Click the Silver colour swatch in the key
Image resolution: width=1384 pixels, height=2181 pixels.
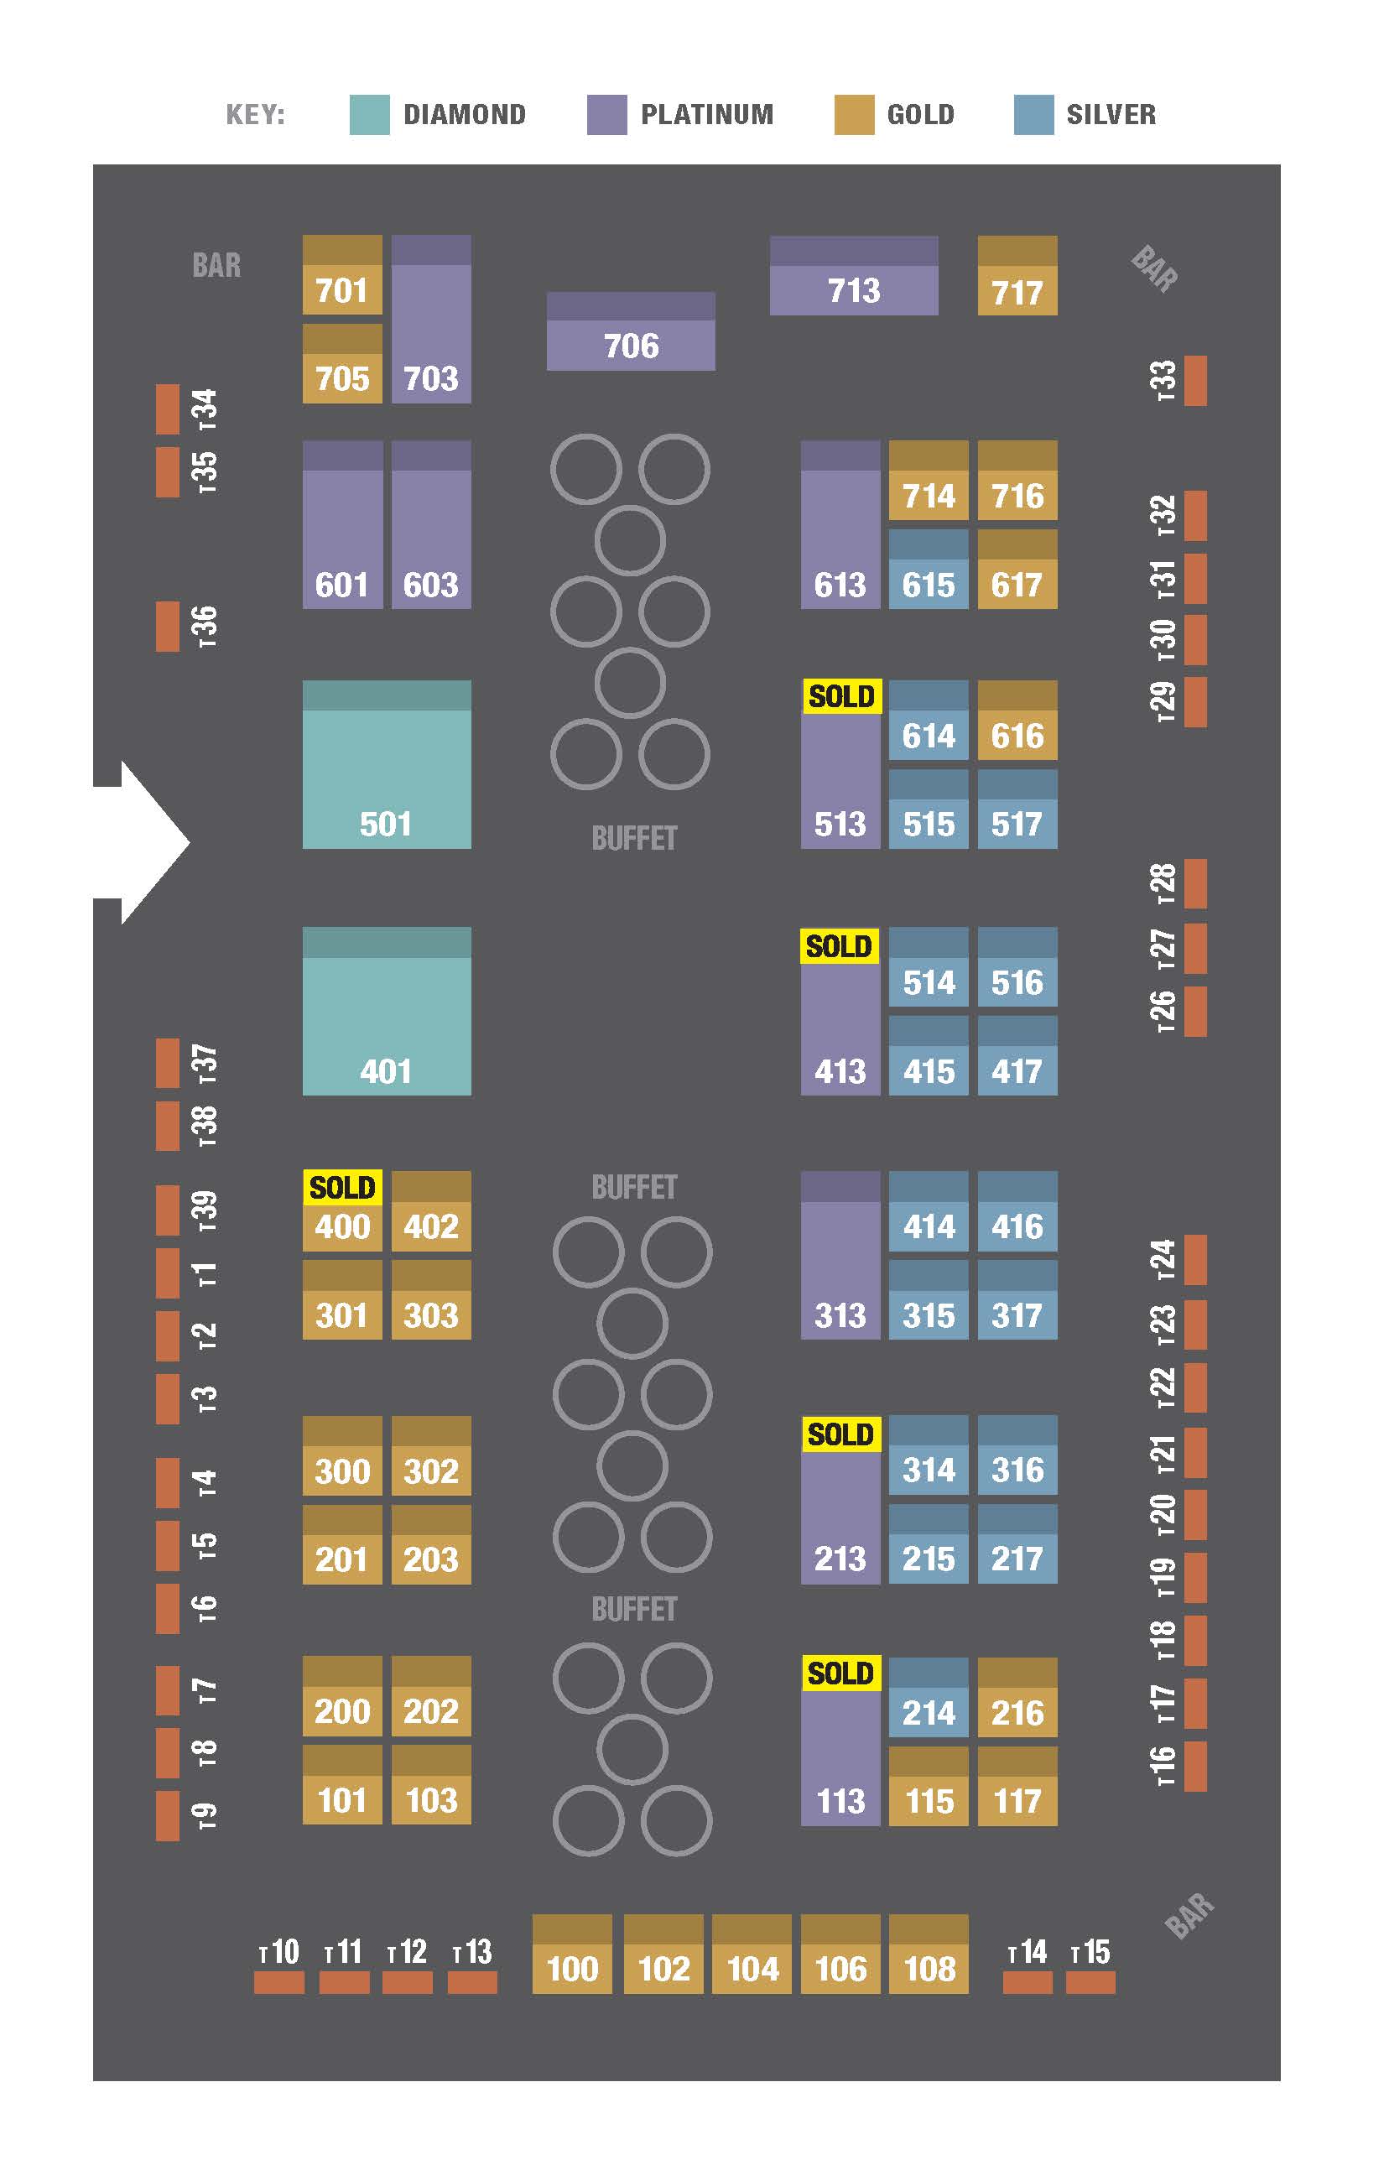[1033, 115]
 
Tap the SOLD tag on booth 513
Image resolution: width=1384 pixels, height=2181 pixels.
[841, 696]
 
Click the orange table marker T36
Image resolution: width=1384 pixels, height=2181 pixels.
[168, 627]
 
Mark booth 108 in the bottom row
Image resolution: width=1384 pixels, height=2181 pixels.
[929, 1955]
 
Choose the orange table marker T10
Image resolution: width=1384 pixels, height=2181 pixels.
[279, 1983]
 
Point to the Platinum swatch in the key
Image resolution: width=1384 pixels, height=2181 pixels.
[606, 115]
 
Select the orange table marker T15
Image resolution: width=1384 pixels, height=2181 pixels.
[1090, 1983]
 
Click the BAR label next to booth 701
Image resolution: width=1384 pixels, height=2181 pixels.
[216, 265]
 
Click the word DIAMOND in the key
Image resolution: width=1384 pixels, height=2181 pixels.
[464, 115]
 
